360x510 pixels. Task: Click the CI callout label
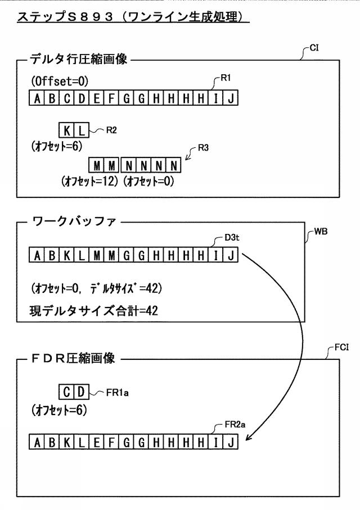[x=314, y=48]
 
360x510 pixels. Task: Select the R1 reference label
[x=226, y=78]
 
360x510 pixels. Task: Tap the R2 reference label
[x=111, y=130]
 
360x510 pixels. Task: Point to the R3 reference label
[x=203, y=148]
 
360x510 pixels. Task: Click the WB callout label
[x=321, y=232]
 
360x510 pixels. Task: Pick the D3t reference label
[x=232, y=237]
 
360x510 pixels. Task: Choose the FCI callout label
[x=341, y=347]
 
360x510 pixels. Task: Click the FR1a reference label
[x=117, y=393]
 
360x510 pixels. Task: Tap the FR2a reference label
[x=235, y=425]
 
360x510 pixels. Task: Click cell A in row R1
[x=37, y=98]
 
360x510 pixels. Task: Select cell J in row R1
[x=231, y=98]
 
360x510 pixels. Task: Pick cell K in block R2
[x=67, y=130]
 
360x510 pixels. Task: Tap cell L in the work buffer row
[x=82, y=255]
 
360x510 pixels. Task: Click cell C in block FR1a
[x=67, y=392]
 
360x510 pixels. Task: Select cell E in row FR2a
[x=97, y=442]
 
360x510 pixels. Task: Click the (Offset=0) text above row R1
[x=60, y=81]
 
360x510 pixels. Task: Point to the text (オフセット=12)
[x=90, y=181]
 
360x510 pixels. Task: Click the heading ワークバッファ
[x=74, y=222]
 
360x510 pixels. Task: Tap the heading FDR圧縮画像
[x=74, y=359]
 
